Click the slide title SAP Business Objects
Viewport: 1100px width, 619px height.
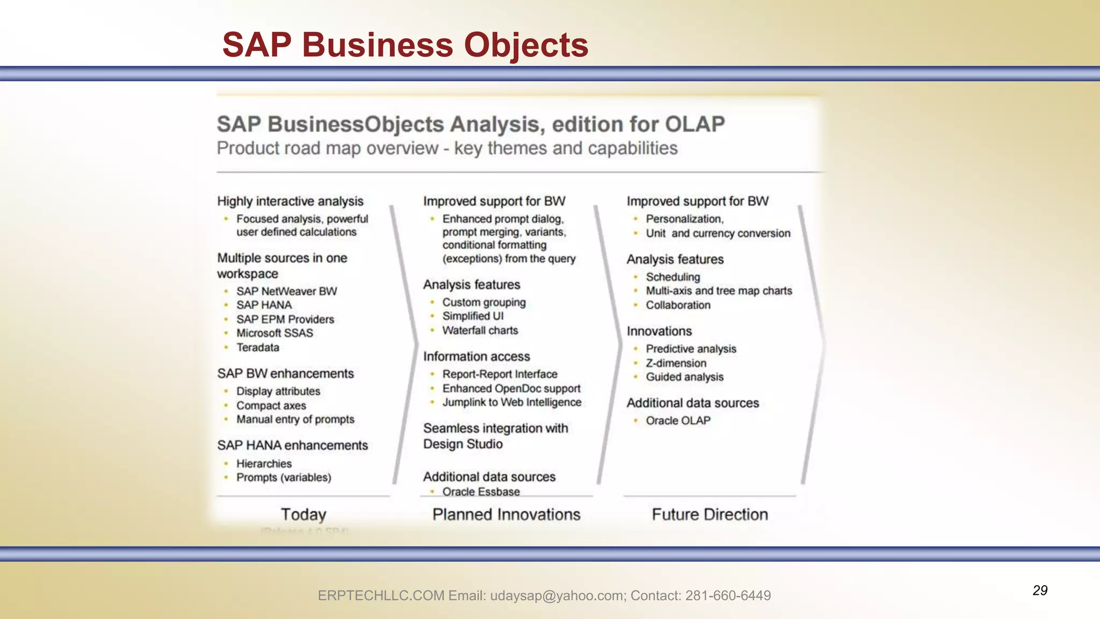(405, 45)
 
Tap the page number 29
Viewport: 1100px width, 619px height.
(1040, 591)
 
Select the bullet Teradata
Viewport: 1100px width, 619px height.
(258, 348)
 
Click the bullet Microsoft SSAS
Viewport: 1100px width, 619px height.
(274, 333)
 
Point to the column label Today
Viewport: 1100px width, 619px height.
(303, 514)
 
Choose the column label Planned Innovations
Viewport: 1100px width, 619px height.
(506, 514)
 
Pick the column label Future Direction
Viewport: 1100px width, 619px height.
(710, 514)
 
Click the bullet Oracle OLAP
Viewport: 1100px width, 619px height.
(678, 421)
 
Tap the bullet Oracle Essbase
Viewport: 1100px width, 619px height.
(481, 491)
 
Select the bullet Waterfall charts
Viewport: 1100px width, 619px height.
(480, 330)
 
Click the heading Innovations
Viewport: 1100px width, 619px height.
(659, 331)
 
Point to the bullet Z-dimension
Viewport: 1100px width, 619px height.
(676, 363)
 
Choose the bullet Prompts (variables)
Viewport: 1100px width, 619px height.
(284, 478)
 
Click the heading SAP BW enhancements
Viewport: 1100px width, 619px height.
(285, 373)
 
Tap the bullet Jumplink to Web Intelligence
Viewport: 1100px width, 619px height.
(511, 402)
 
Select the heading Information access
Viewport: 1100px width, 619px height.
(476, 356)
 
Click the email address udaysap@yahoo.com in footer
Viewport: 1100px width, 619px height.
(558, 595)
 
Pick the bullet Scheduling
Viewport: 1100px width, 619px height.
(672, 277)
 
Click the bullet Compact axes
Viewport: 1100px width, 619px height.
(271, 406)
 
